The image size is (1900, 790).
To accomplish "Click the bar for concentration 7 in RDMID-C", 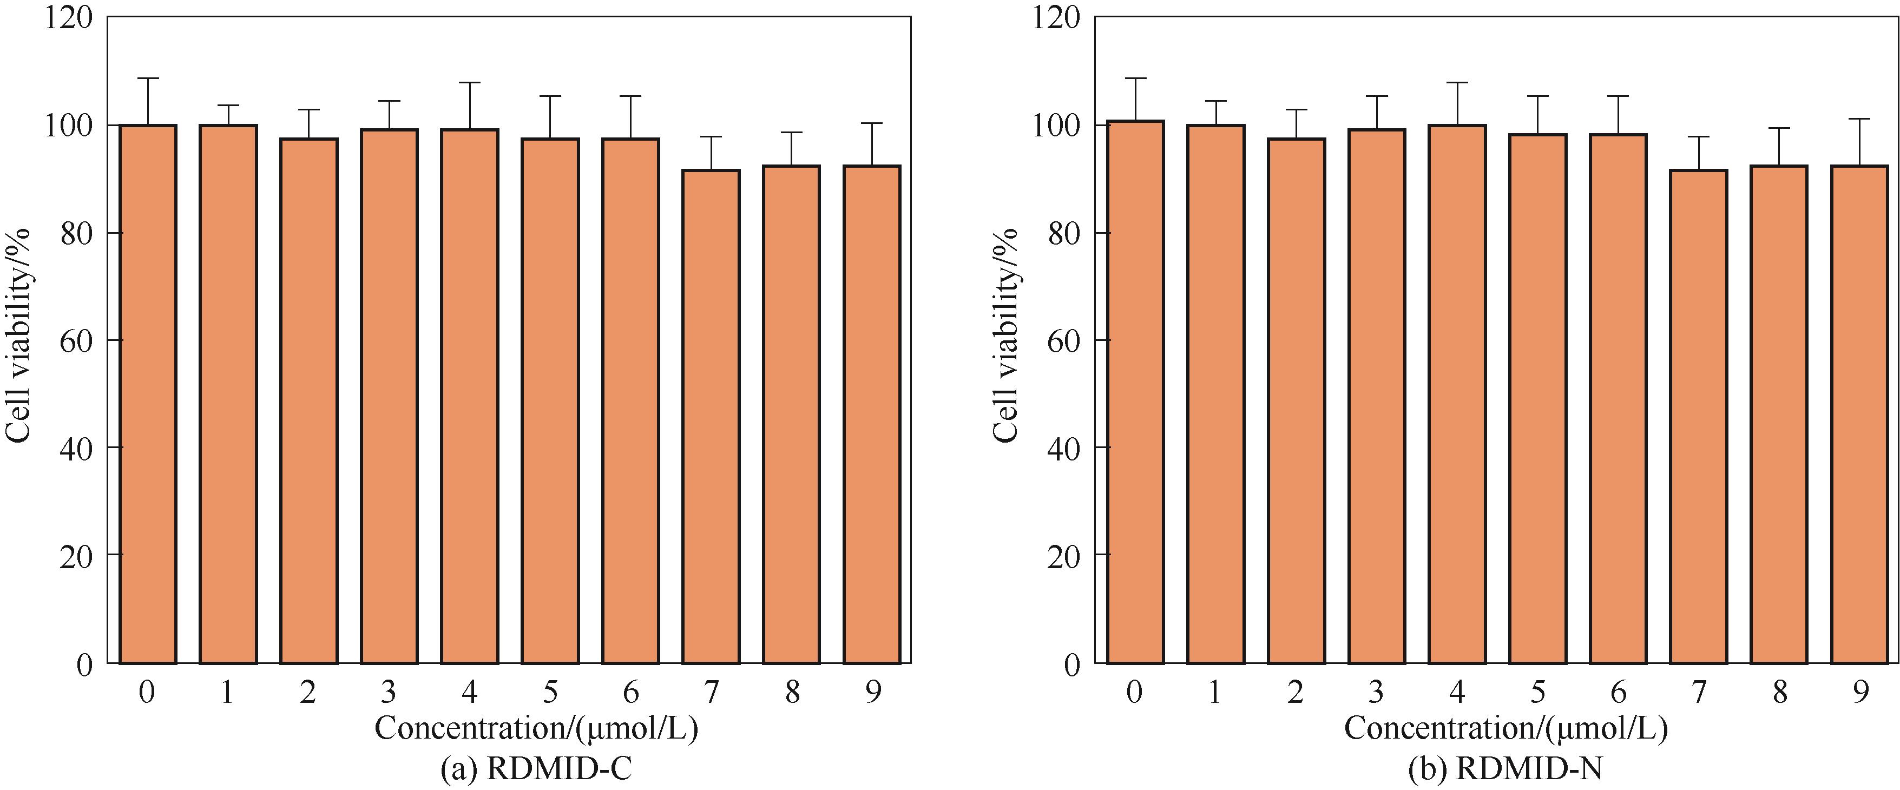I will tap(711, 417).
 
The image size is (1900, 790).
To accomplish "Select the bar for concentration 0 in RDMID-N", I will tap(1135, 392).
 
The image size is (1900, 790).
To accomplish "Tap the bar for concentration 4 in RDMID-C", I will tap(470, 396).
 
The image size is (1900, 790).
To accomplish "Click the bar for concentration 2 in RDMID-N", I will tap(1296, 400).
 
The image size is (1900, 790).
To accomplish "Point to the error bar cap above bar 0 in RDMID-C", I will tap(148, 78).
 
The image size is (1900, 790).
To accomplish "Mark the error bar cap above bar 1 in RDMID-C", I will tap(228, 106).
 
